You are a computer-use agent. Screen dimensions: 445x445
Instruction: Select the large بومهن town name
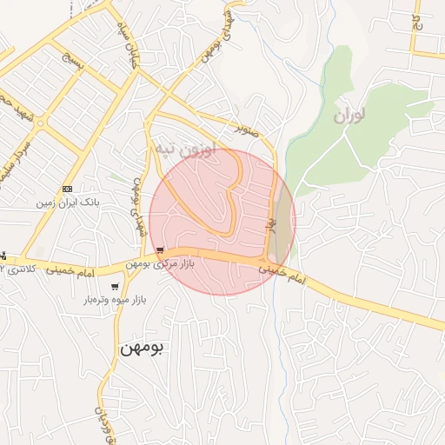tap(143, 347)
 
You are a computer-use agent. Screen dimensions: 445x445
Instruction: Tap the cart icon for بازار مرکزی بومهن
tap(159, 249)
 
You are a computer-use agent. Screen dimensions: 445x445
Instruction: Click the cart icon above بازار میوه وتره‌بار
tap(115, 287)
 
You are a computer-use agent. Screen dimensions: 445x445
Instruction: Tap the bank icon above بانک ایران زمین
tap(67, 189)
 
